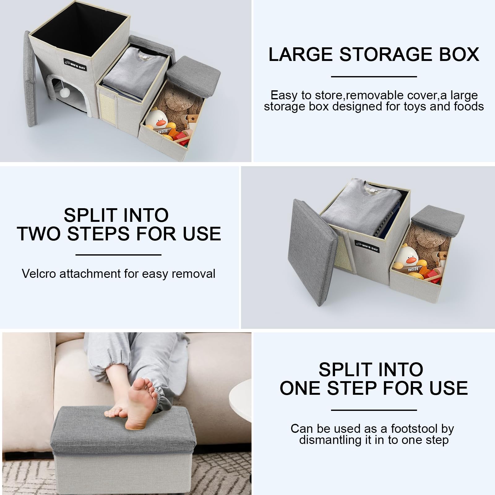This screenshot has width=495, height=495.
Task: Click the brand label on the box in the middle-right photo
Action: click(367, 247)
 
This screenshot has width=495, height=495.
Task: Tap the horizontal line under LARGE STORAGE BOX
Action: click(374, 76)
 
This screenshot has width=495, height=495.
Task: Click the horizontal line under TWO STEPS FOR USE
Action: click(118, 255)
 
